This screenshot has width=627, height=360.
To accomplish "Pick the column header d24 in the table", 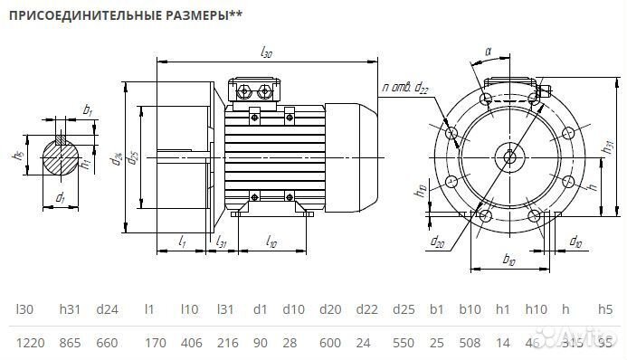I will [108, 309].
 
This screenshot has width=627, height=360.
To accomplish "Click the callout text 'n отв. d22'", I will [404, 88].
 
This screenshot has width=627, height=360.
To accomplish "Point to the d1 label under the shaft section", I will [60, 196].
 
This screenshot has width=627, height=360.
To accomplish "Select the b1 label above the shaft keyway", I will [87, 109].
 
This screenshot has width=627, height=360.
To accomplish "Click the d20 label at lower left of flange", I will [438, 241].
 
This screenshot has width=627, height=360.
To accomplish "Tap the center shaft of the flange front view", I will [510, 156].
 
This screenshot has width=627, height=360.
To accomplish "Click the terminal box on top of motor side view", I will [257, 91].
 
